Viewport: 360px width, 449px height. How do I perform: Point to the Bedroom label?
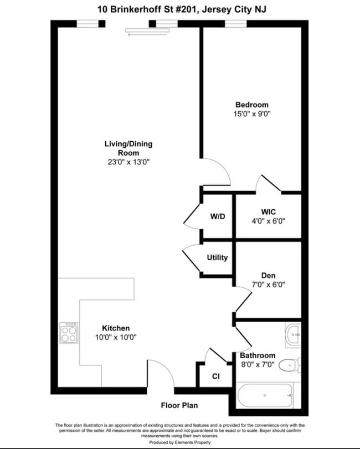tap(251, 105)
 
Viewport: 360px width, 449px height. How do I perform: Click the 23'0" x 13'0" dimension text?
tap(128, 162)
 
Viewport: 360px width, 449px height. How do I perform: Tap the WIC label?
tap(268, 211)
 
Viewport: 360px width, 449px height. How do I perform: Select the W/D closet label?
tap(217, 216)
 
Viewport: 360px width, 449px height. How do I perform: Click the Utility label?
tap(217, 257)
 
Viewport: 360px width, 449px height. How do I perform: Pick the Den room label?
tap(268, 275)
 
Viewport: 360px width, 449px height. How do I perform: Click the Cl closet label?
tap(215, 376)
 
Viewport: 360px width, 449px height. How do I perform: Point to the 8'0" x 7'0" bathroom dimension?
tap(258, 364)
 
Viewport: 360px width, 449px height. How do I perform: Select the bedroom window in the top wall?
tap(235, 23)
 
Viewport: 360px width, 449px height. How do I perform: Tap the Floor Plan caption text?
tap(179, 406)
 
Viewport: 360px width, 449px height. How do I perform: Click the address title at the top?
tap(180, 8)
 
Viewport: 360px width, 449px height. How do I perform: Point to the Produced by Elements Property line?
tap(179, 442)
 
